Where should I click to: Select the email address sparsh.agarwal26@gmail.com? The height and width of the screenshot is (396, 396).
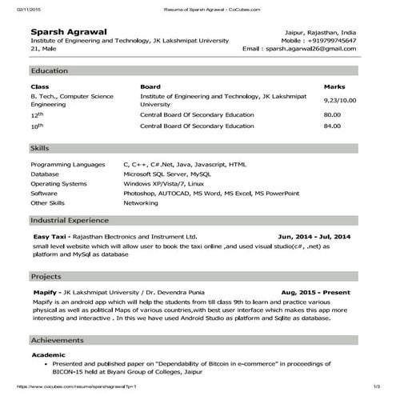click(321, 50)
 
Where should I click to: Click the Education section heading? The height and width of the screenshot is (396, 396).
click(49, 71)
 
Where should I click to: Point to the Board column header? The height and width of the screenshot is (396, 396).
click(150, 86)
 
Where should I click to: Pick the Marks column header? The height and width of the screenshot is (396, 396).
click(334, 86)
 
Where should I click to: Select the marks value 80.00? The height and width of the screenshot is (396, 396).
click(332, 115)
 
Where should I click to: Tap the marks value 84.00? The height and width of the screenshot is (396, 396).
click(332, 126)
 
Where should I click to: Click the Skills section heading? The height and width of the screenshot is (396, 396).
click(40, 149)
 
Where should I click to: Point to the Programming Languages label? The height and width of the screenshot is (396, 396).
click(67, 163)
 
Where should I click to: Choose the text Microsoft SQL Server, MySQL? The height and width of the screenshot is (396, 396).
click(167, 173)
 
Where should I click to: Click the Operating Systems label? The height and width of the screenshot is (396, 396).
click(58, 183)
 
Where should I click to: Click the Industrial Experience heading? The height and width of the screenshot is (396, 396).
click(69, 219)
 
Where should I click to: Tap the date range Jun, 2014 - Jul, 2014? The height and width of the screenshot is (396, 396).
click(314, 238)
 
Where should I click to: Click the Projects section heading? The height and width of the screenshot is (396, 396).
click(46, 276)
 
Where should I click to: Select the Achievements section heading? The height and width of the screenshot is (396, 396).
click(57, 339)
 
